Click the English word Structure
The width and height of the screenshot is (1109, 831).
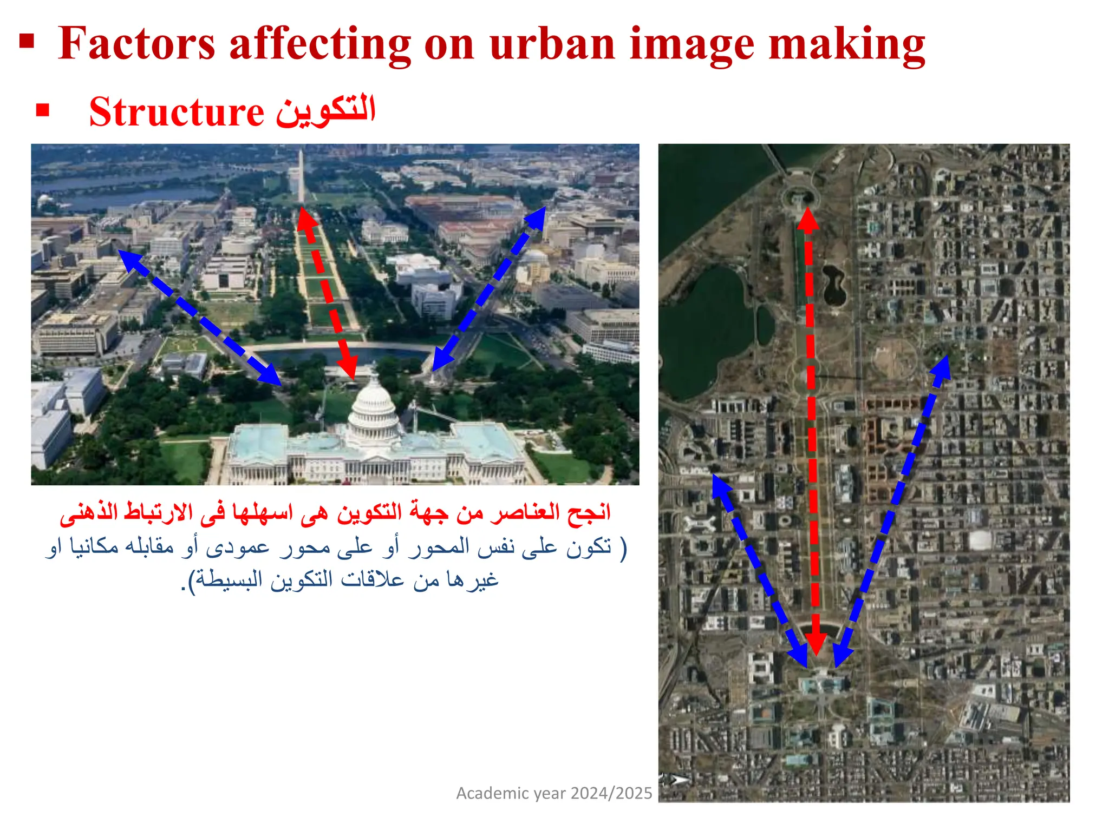(x=177, y=112)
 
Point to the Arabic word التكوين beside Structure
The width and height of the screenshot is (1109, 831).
(x=325, y=110)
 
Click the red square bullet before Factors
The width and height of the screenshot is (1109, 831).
(x=27, y=41)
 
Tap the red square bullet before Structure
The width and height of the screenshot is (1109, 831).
(x=43, y=111)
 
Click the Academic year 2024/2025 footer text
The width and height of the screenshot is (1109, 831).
(x=554, y=793)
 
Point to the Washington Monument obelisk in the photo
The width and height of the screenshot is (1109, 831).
(x=301, y=176)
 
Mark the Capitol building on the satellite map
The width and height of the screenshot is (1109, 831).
(x=822, y=683)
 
